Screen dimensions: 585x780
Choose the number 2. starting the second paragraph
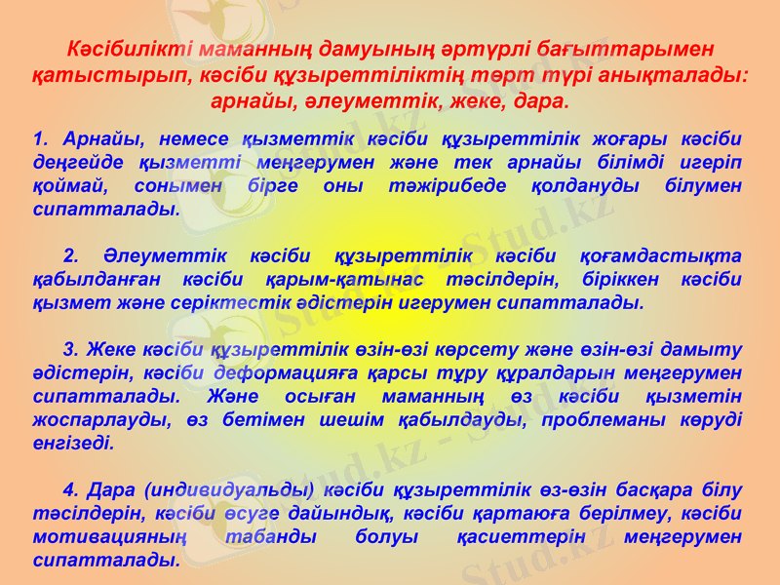coord(70,255)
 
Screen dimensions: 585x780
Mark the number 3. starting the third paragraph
coord(70,349)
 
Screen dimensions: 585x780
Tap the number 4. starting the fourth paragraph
coord(70,489)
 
